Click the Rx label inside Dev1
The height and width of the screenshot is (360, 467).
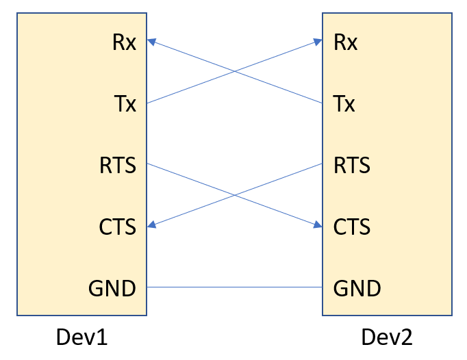coord(124,42)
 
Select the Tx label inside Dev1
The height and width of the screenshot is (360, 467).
coord(125,104)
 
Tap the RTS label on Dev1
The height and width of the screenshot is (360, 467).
coord(118,165)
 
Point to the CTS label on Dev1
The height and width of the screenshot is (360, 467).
coord(118,226)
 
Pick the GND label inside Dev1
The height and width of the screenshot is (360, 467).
coord(112,288)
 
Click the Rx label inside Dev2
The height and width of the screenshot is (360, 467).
coord(345,42)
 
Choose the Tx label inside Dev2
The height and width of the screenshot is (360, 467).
coord(344,104)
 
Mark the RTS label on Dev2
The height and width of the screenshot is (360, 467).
coord(352,165)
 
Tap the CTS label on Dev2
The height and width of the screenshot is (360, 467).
coord(352,226)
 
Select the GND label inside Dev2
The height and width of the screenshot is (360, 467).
coord(357,288)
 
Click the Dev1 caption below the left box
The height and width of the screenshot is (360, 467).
coord(82,337)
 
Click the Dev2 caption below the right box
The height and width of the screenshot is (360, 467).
coord(388,337)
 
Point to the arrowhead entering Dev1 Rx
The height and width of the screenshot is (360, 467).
coord(152,42)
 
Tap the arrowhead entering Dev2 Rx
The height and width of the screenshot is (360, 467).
coord(318,42)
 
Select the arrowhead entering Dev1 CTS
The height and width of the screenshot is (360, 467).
coord(152,225)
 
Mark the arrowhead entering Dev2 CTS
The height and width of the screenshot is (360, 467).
coord(318,225)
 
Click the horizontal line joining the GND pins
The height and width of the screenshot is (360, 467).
coord(235,287)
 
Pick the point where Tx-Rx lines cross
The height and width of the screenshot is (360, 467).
coord(235,72)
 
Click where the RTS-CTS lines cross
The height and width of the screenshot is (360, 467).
coord(235,195)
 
